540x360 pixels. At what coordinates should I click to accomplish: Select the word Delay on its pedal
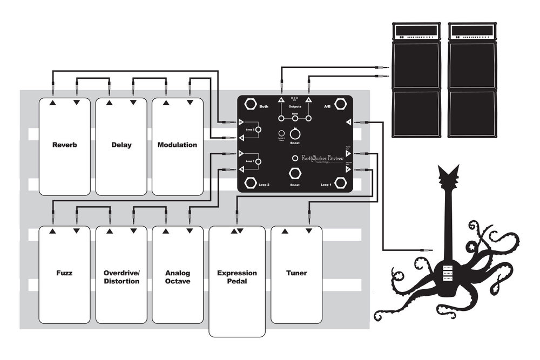tap(122, 145)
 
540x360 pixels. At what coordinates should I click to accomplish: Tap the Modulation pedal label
tap(177, 145)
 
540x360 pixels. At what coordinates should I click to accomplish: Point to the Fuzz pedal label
tap(64, 273)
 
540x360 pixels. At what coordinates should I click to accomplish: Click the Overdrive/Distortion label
tap(122, 277)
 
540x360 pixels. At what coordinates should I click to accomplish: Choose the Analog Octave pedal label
tap(177, 277)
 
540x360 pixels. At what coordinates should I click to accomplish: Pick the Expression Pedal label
tap(237, 277)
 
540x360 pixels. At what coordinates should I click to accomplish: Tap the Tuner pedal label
tap(296, 273)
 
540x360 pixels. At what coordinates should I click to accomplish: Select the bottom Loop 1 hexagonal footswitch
tap(341, 182)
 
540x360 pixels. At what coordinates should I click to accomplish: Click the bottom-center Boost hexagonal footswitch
tap(295, 174)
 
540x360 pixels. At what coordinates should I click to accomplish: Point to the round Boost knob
tap(295, 134)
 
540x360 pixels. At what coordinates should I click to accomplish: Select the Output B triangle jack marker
tap(281, 100)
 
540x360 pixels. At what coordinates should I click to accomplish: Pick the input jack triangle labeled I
tap(349, 123)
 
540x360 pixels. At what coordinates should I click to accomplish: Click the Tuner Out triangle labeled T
tap(349, 154)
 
